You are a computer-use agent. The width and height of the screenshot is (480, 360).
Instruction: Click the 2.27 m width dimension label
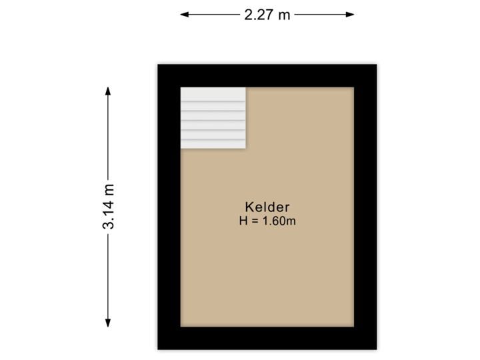267,14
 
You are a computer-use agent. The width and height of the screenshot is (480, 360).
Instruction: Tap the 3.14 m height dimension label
108,207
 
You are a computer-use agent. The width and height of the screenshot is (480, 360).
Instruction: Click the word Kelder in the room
267,207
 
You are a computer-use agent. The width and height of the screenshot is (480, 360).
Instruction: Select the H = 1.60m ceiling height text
267,221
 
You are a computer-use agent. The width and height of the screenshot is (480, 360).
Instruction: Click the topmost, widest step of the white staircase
213,94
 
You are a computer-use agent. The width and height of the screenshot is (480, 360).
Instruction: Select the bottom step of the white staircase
213,143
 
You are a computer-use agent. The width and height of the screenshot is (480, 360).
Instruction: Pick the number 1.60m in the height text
281,221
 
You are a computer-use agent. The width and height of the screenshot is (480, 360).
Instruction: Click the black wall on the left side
167,207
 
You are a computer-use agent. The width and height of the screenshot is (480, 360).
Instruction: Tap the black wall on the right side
367,207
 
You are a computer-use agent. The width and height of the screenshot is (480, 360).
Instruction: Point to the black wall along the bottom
267,340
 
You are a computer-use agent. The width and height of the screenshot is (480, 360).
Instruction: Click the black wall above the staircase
213,73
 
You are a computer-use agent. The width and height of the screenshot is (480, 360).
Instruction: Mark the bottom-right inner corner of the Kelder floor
353,326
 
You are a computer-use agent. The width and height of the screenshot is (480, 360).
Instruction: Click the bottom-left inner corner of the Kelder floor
181,326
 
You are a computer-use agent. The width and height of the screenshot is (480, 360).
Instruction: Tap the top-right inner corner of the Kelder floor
353,87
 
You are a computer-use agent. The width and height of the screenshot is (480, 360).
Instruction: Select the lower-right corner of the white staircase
245,148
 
